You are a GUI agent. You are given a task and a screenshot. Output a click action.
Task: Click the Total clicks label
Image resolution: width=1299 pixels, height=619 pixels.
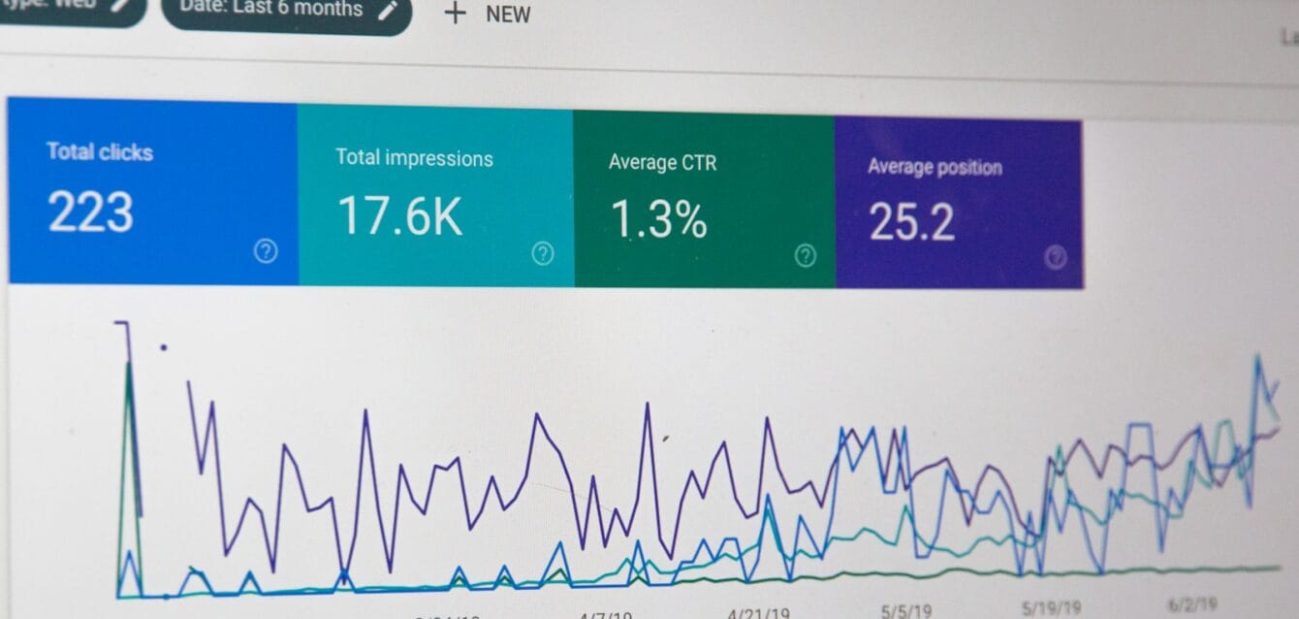[100, 151]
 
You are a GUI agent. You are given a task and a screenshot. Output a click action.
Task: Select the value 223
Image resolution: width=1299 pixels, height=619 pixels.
[90, 212]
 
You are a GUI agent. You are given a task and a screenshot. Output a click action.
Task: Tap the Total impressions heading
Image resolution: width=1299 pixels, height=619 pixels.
[414, 157]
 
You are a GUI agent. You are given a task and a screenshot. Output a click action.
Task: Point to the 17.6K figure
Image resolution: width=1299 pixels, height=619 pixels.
[399, 216]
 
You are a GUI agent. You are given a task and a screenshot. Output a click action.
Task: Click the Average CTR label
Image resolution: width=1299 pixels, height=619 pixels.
[662, 162]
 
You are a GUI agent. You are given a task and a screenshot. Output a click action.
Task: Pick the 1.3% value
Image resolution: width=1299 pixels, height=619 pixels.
[658, 220]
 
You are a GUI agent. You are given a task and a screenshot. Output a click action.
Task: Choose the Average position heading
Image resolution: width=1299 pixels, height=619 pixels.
[935, 167]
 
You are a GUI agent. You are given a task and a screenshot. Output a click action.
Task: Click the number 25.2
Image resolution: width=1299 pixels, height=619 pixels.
[911, 222]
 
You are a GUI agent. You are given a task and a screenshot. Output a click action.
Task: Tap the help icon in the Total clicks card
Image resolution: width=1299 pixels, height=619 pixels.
[265, 251]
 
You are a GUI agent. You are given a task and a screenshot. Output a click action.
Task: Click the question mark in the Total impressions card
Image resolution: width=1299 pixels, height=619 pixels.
[543, 254]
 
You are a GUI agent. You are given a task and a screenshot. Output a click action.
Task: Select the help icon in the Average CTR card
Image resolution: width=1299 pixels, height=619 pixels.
[805, 256]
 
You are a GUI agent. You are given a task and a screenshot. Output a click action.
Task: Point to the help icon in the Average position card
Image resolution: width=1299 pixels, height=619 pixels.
[1056, 257]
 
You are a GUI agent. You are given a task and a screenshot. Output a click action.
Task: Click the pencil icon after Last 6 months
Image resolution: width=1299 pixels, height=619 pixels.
[387, 11]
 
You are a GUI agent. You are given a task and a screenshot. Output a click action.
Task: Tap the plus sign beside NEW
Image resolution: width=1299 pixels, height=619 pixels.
[455, 14]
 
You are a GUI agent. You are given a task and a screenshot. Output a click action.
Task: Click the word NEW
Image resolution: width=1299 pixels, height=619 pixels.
[508, 15]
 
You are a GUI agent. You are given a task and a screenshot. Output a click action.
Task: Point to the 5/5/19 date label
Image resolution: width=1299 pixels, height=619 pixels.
[905, 610]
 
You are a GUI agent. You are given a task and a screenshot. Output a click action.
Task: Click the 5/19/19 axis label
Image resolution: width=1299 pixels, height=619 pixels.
[1053, 608]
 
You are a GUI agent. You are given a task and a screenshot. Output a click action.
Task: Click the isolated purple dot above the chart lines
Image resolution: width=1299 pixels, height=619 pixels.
[163, 346]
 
